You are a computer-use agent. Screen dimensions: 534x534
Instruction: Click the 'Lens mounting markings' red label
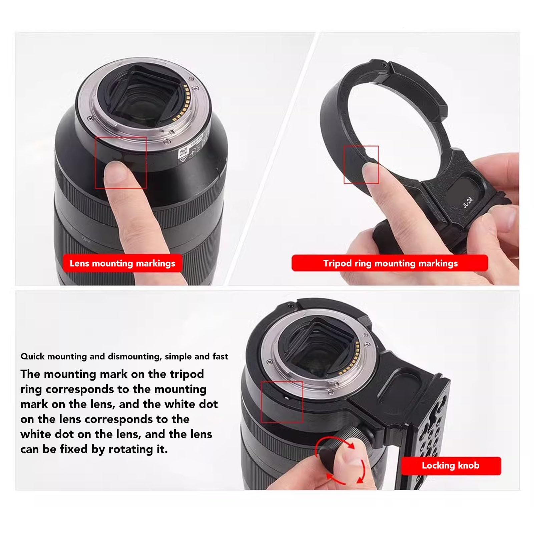pyautogui.click(x=122, y=263)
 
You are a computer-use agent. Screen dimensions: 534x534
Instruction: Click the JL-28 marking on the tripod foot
pyautogui.click(x=468, y=202)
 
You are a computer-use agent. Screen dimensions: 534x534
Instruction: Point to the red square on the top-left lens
pyautogui.click(x=121, y=162)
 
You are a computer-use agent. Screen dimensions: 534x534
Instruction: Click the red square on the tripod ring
pyautogui.click(x=361, y=164)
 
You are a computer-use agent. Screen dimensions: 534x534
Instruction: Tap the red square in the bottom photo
pyautogui.click(x=282, y=402)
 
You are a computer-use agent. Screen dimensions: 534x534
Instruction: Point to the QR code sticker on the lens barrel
pyautogui.click(x=183, y=152)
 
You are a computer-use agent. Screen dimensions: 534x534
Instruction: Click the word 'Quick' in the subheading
pyautogui.click(x=33, y=357)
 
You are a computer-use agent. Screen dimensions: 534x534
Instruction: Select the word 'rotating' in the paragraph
pyautogui.click(x=131, y=449)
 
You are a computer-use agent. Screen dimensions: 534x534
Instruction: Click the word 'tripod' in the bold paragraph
pyautogui.click(x=187, y=374)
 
